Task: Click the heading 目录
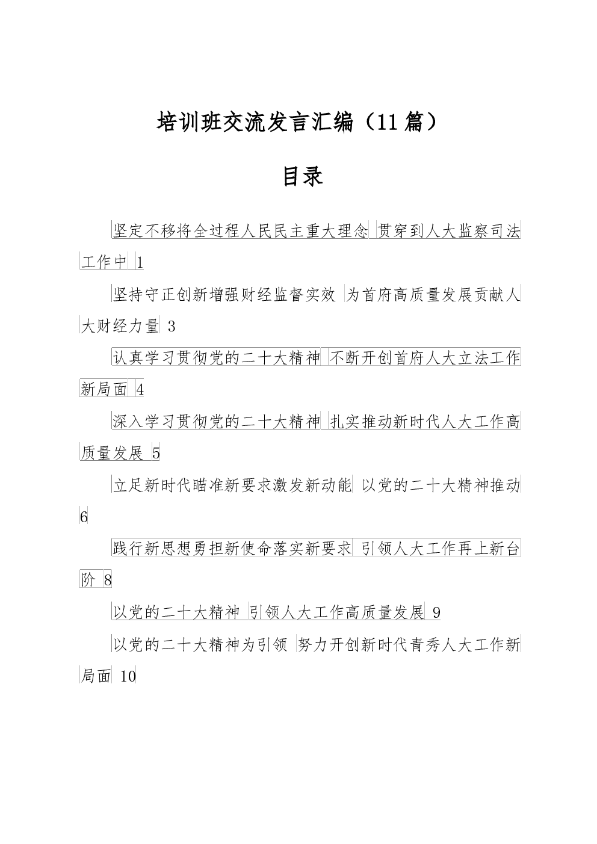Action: coord(303,176)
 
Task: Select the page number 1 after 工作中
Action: coord(140,263)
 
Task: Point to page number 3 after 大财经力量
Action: coord(172,326)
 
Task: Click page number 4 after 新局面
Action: coord(140,390)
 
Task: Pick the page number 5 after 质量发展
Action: coord(156,453)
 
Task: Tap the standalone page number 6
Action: coord(84,517)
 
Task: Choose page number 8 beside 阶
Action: coord(108,581)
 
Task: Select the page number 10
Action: coord(128,677)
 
